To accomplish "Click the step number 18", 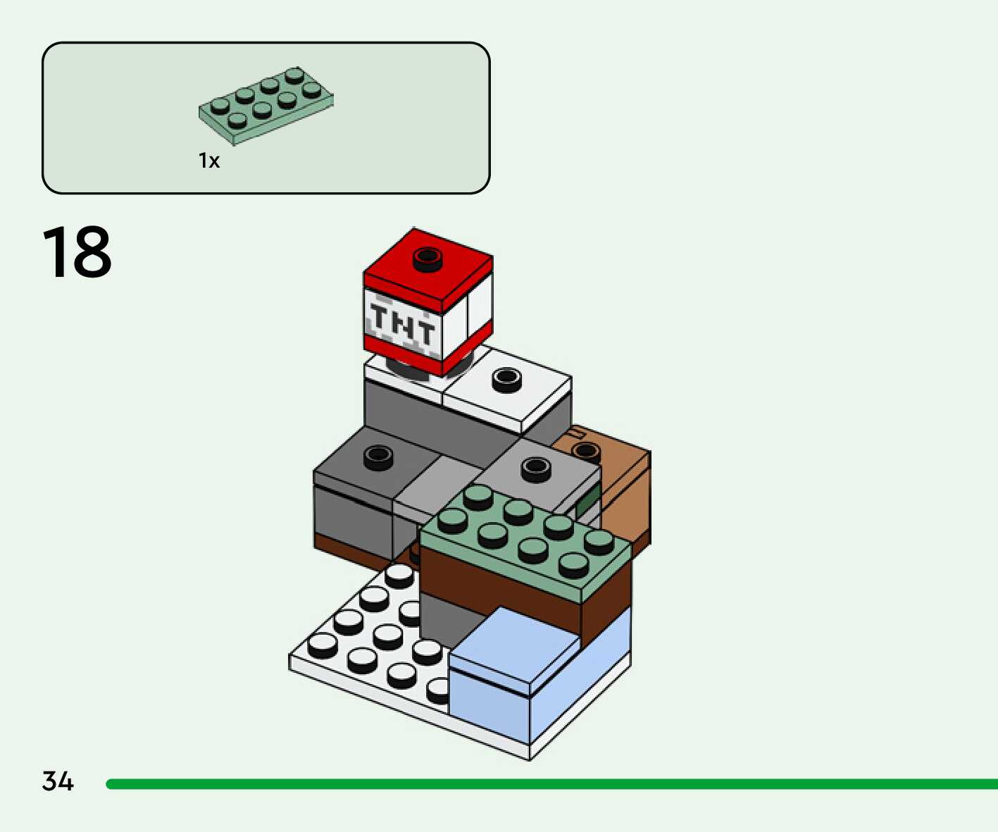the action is [77, 252].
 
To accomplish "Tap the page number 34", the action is [58, 781].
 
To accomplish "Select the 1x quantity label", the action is [209, 161].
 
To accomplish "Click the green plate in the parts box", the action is [266, 105].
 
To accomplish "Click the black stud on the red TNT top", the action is [427, 259].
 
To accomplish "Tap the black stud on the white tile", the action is [506, 380].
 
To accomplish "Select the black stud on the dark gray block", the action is [378, 457].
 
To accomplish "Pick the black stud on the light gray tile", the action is [535, 468].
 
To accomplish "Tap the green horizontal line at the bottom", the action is [549, 784].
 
